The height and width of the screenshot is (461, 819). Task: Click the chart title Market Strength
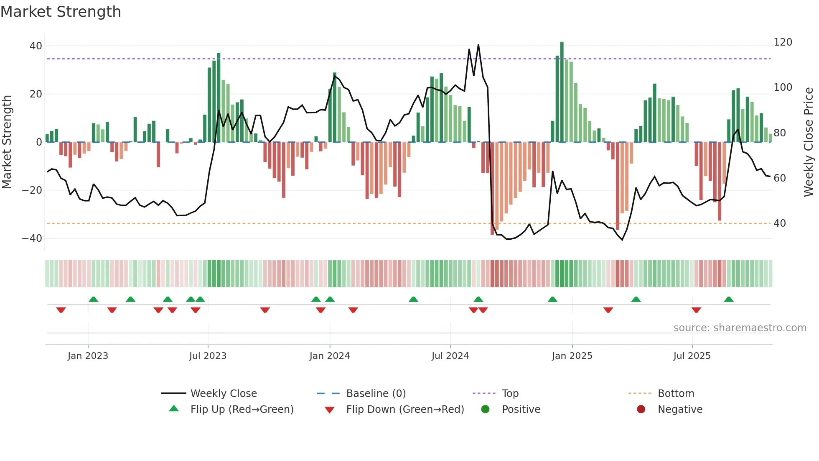click(x=61, y=12)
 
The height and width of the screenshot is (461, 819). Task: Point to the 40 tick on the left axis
click(x=36, y=46)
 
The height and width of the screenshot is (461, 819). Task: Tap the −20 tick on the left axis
click(x=32, y=190)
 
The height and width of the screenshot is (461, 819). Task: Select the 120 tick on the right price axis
click(x=783, y=42)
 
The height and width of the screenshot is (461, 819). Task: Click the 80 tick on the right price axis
click(x=780, y=133)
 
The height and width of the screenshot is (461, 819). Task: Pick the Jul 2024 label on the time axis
click(x=450, y=356)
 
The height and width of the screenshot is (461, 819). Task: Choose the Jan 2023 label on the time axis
click(x=88, y=356)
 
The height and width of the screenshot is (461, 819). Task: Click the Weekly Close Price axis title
click(x=809, y=142)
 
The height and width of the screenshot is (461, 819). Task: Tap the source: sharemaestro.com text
click(x=740, y=328)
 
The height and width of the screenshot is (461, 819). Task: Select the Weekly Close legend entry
click(x=223, y=394)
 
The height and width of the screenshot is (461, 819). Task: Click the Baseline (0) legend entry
click(x=376, y=394)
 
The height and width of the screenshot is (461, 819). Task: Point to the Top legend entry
click(x=510, y=394)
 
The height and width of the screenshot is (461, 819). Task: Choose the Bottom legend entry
click(x=676, y=394)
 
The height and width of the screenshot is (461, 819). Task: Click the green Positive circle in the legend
click(x=485, y=410)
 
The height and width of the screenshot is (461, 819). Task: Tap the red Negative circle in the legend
click(x=641, y=410)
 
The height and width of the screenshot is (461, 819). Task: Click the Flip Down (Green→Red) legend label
click(x=405, y=410)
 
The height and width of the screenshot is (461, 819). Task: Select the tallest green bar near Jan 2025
click(x=562, y=92)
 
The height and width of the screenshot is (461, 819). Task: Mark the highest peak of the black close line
click(x=478, y=45)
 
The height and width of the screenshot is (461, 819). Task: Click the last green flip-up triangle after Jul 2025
click(x=729, y=299)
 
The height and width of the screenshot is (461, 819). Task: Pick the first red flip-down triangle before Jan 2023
click(x=61, y=310)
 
